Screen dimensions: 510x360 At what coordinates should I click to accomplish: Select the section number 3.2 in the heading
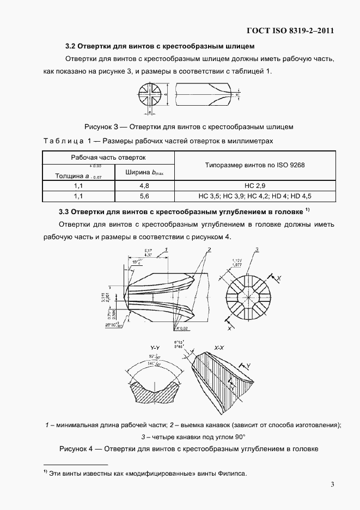click(x=72, y=46)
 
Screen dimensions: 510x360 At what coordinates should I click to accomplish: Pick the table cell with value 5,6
click(x=144, y=196)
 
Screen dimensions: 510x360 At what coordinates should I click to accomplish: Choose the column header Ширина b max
click(x=144, y=173)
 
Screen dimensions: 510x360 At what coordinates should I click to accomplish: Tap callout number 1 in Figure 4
click(x=166, y=249)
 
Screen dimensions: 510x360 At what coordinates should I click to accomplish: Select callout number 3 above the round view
click(x=256, y=250)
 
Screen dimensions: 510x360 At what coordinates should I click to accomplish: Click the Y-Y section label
click(x=154, y=347)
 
